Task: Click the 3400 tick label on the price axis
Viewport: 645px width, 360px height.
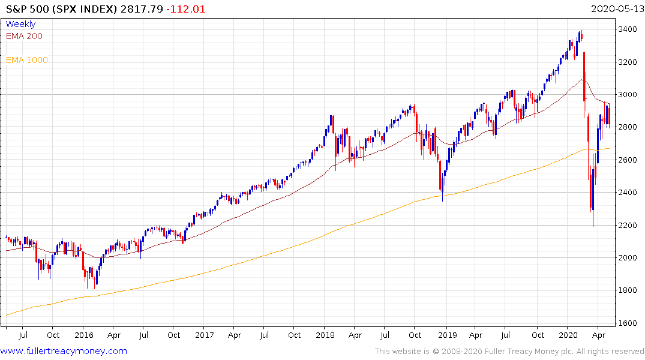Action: pyautogui.click(x=628, y=29)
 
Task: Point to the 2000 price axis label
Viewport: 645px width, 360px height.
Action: pyautogui.click(x=628, y=257)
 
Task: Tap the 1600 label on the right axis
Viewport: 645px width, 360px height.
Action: pyautogui.click(x=628, y=323)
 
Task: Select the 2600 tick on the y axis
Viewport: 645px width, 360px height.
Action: pyautogui.click(x=628, y=160)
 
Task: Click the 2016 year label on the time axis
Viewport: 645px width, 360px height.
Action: pyautogui.click(x=83, y=335)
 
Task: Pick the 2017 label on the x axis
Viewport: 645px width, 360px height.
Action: pyautogui.click(x=205, y=335)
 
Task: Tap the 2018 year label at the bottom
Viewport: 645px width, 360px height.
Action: pyautogui.click(x=325, y=335)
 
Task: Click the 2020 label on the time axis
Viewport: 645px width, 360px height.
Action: pyautogui.click(x=568, y=335)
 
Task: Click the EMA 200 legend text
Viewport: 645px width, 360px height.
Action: pyautogui.click(x=24, y=36)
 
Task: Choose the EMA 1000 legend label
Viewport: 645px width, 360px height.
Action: pyautogui.click(x=26, y=60)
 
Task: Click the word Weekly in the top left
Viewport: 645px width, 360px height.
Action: pyautogui.click(x=20, y=24)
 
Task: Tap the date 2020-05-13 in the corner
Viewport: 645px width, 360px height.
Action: pyautogui.click(x=616, y=9)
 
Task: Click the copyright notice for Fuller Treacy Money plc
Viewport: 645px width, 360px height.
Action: pyautogui.click(x=509, y=351)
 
